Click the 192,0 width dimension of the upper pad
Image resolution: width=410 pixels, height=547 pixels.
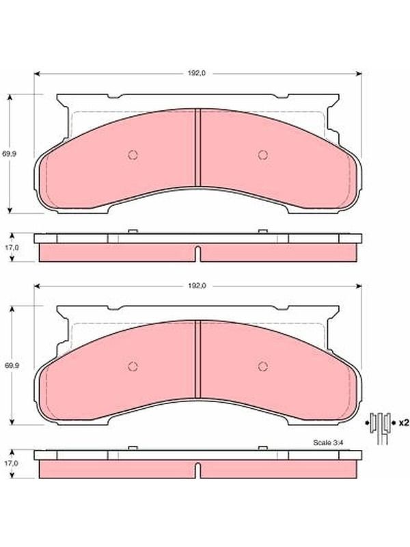coord(197,73)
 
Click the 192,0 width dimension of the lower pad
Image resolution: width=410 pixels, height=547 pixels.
coord(197,286)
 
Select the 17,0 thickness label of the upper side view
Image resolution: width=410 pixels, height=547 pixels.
coord(12,247)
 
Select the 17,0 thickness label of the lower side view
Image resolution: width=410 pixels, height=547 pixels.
coord(12,464)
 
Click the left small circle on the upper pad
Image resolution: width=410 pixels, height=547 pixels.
coord(133,155)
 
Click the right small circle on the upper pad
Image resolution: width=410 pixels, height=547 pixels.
coord(263,155)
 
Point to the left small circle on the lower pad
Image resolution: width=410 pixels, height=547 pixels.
coord(133,366)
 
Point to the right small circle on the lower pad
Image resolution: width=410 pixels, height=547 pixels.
coord(263,366)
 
